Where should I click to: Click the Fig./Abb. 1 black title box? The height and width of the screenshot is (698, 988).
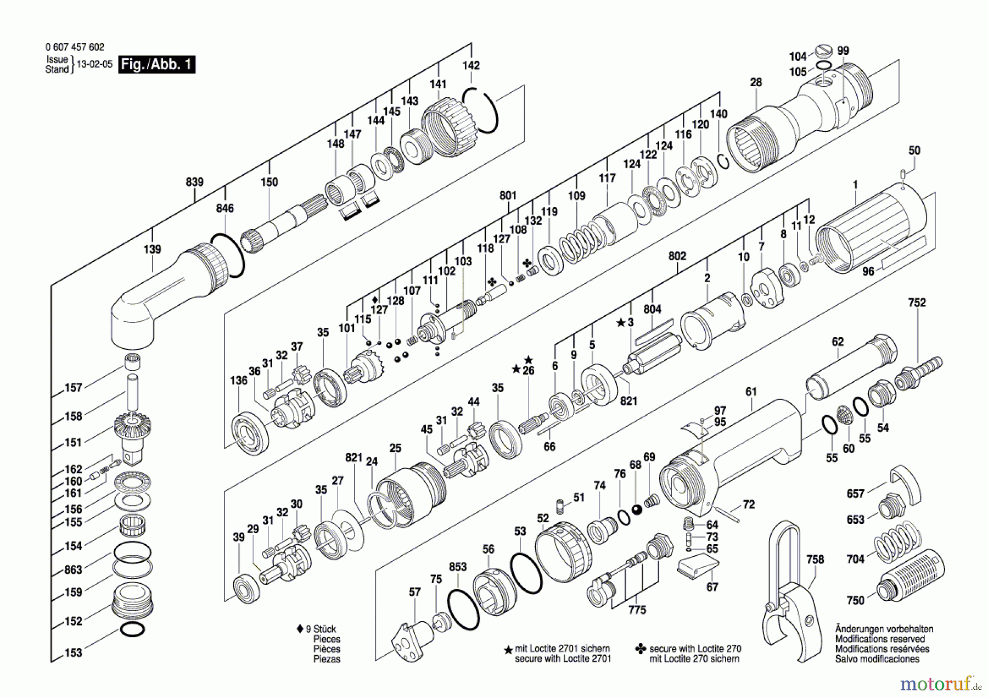pyautogui.click(x=157, y=64)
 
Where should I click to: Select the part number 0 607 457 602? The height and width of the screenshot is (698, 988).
pyautogui.click(x=75, y=47)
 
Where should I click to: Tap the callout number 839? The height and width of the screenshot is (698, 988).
pyautogui.click(x=195, y=182)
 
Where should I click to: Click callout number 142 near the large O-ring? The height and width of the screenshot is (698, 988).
pyautogui.click(x=471, y=65)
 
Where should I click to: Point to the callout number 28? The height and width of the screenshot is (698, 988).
pyautogui.click(x=756, y=82)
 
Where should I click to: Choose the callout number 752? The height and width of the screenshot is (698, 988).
pyautogui.click(x=917, y=303)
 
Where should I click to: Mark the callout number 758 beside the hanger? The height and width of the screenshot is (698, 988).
pyautogui.click(x=815, y=559)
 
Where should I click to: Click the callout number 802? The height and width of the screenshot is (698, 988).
pyautogui.click(x=677, y=256)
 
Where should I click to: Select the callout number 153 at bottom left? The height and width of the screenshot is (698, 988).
pyautogui.click(x=74, y=652)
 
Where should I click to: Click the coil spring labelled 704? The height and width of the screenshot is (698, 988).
pyautogui.click(x=895, y=541)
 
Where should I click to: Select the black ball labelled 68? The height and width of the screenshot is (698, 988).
pyautogui.click(x=637, y=510)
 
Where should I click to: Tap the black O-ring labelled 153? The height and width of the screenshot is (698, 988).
pyautogui.click(x=132, y=629)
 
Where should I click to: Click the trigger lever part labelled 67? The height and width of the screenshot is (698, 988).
pyautogui.click(x=697, y=567)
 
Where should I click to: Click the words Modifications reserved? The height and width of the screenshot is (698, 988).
pyautogui.click(x=879, y=639)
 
